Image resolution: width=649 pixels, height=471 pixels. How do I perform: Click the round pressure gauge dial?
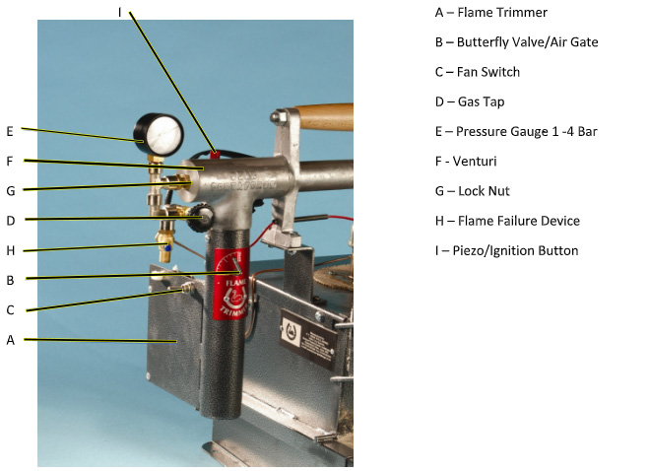click(159, 135)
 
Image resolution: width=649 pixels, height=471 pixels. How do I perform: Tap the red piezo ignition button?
click(215, 155)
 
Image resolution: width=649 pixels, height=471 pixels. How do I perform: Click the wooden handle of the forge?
click(324, 117)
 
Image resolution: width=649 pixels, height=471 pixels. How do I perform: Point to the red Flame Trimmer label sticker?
click(231, 284)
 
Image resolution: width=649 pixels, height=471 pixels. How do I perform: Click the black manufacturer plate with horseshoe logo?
click(308, 338)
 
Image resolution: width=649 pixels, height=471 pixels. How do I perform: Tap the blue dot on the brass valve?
click(167, 248)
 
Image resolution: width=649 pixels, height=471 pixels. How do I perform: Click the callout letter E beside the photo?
click(10, 131)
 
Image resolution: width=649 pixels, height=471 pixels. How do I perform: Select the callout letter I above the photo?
click(119, 13)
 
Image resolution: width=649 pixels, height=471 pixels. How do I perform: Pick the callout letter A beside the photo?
click(11, 340)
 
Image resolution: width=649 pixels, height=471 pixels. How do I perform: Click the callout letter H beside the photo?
click(11, 250)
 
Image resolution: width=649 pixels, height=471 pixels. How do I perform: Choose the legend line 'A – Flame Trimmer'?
click(490, 13)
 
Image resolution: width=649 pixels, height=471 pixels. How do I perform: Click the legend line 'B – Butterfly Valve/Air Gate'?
click(517, 42)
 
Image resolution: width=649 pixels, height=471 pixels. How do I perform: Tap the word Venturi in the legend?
click(475, 162)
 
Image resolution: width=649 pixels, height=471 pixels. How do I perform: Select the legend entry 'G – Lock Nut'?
click(473, 191)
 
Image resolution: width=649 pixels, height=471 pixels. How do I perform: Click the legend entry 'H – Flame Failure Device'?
click(507, 221)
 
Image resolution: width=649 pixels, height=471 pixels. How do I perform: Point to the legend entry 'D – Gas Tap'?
click(470, 101)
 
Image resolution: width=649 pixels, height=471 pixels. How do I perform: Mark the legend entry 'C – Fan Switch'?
click(478, 72)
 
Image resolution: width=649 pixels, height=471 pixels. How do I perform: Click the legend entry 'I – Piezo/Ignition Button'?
click(506, 250)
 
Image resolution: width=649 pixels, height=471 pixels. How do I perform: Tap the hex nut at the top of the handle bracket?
click(278, 115)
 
